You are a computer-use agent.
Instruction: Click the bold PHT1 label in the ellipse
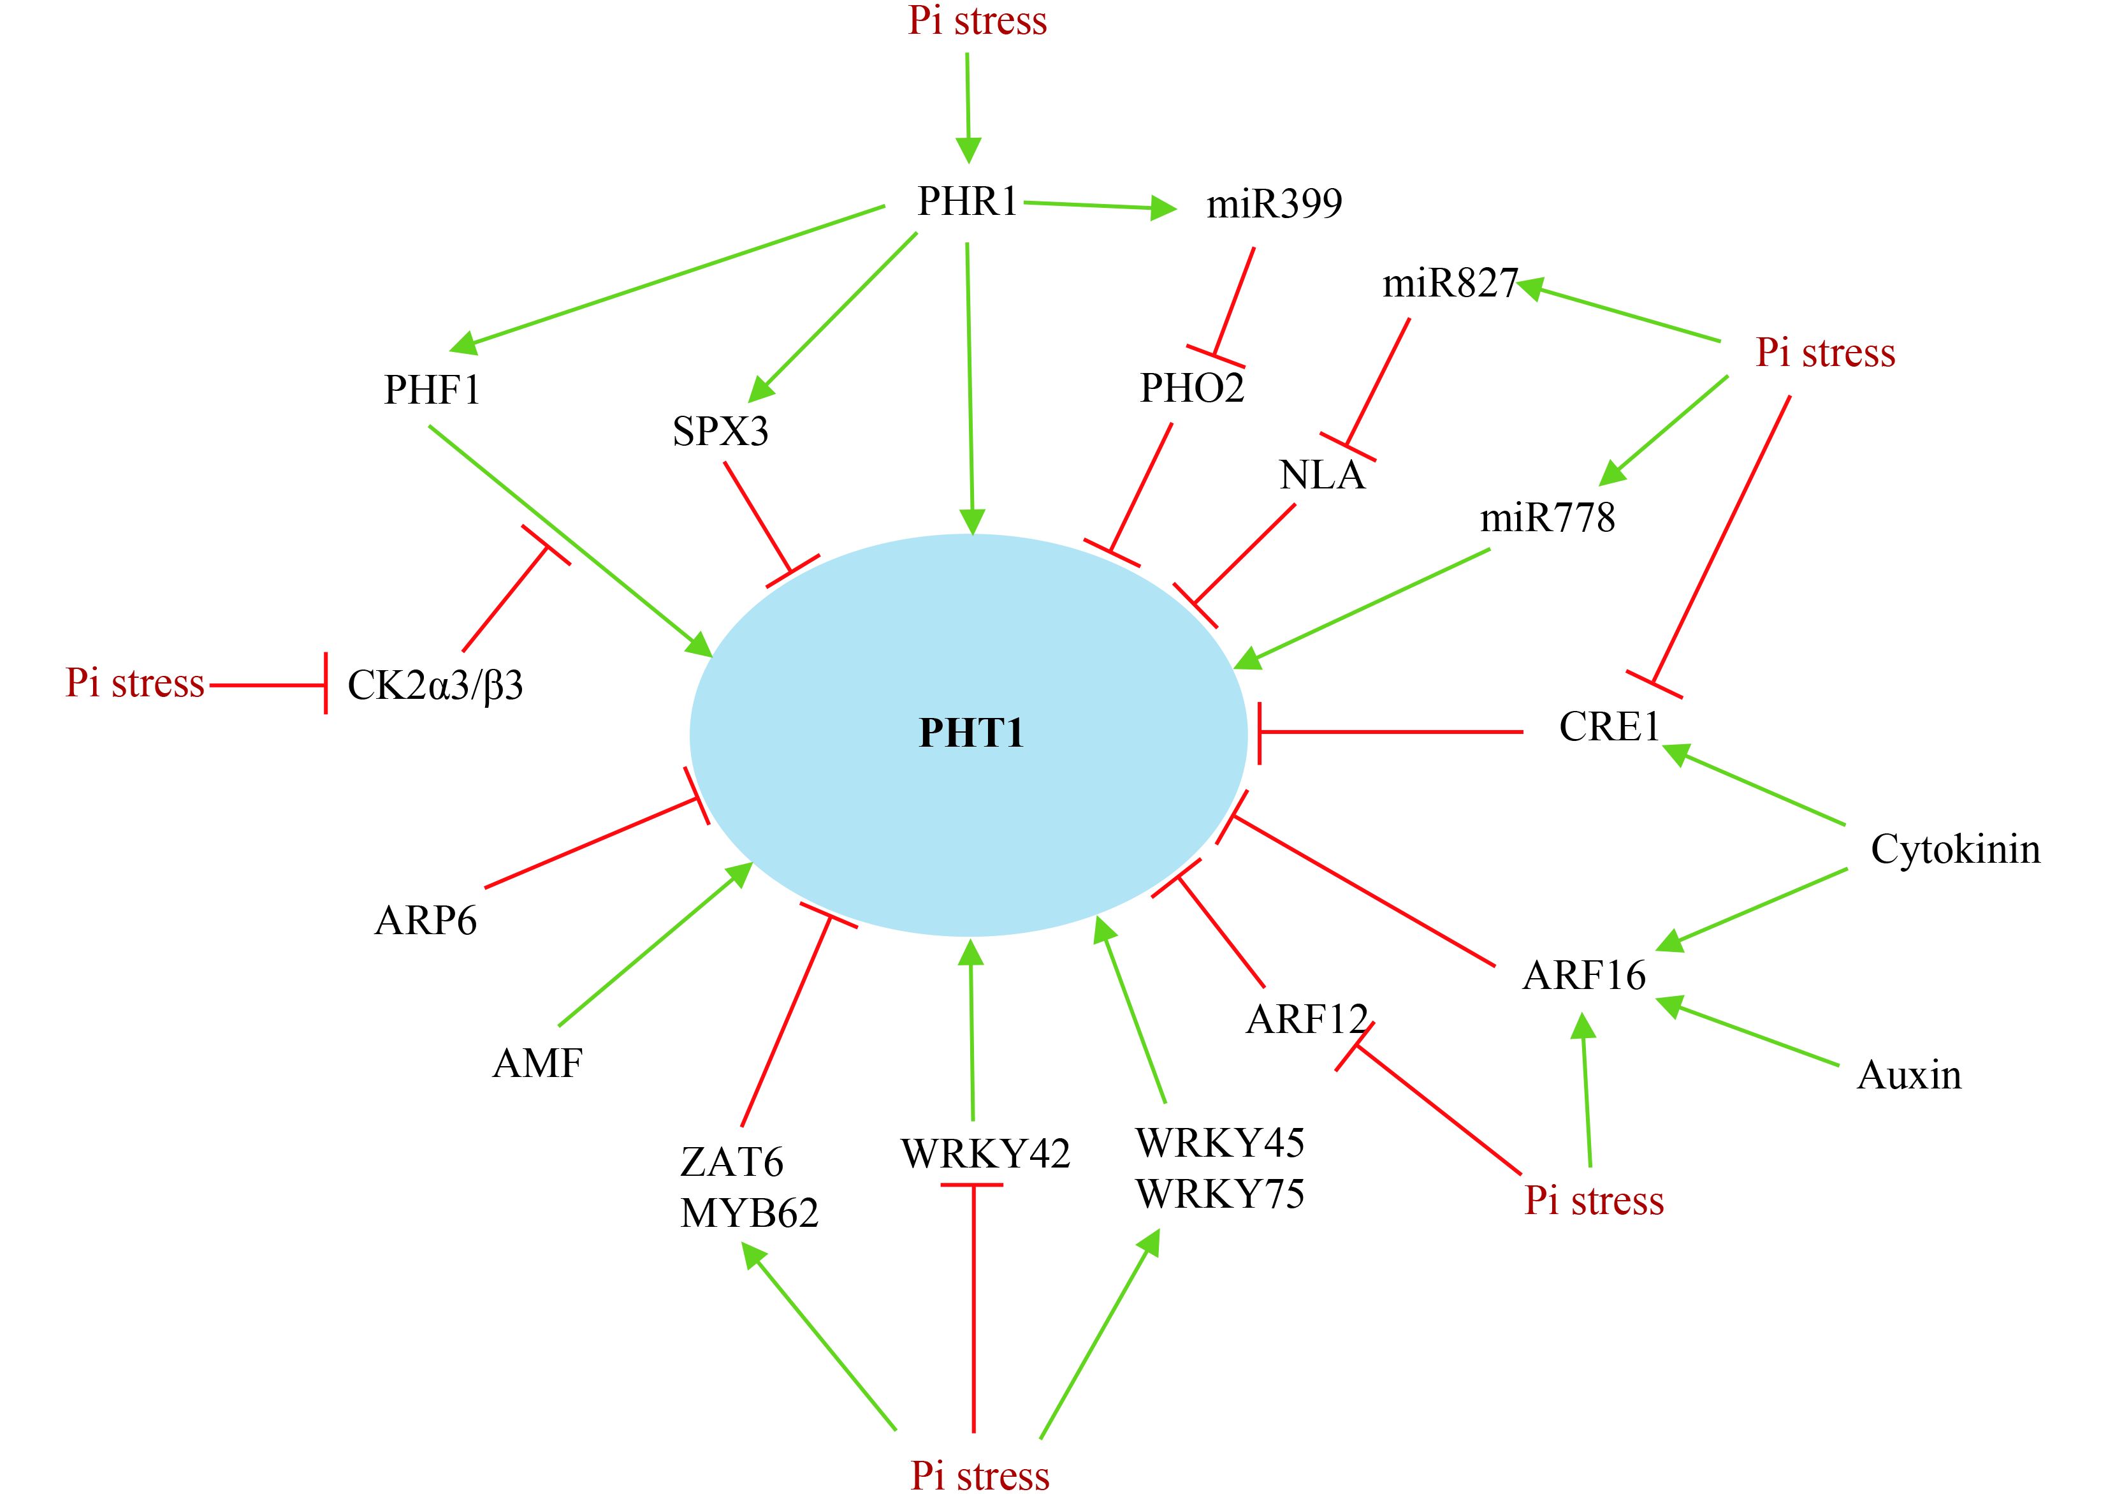pyautogui.click(x=971, y=733)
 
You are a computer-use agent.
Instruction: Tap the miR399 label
pyautogui.click(x=1274, y=203)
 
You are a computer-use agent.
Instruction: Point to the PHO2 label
pyautogui.click(x=1192, y=388)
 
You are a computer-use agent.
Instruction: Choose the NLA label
pyautogui.click(x=1321, y=474)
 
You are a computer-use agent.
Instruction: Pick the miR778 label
pyautogui.click(x=1547, y=518)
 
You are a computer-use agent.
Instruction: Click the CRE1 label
pyautogui.click(x=1609, y=727)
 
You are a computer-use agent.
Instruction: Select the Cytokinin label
pyautogui.click(x=1955, y=849)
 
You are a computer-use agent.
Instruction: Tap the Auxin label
pyautogui.click(x=1909, y=1074)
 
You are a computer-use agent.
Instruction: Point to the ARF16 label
pyautogui.click(x=1584, y=975)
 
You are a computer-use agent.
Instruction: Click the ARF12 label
pyautogui.click(x=1307, y=1020)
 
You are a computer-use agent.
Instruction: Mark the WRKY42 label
pyautogui.click(x=985, y=1153)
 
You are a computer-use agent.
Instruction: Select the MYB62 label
pyautogui.click(x=748, y=1213)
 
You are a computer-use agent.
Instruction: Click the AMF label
pyautogui.click(x=538, y=1064)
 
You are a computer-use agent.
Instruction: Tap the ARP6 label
pyautogui.click(x=426, y=921)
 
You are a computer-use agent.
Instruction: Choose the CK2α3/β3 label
pyautogui.click(x=435, y=685)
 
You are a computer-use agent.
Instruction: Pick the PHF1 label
pyautogui.click(x=432, y=390)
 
